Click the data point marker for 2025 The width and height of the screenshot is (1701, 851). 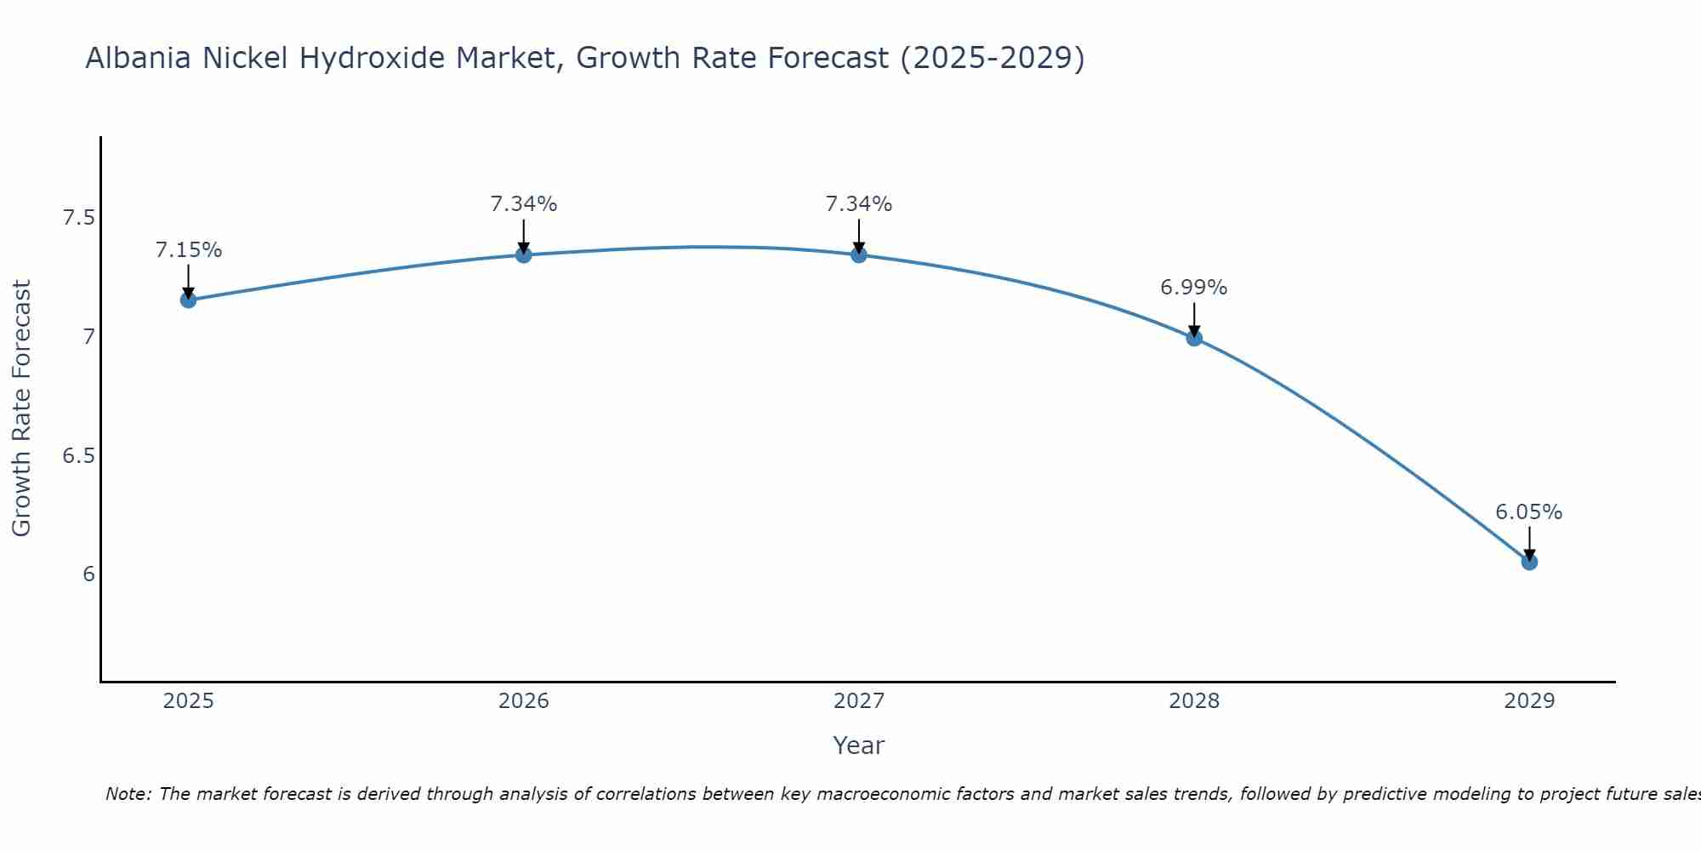188,300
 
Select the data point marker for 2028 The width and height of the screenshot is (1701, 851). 1194,338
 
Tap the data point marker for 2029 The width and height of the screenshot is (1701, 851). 1529,562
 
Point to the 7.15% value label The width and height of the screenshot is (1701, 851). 188,250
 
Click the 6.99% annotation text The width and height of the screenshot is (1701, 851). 1194,288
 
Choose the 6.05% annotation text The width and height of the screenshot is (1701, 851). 1529,512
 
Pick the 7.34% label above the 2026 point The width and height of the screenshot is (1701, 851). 524,204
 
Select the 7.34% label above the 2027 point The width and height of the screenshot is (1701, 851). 859,204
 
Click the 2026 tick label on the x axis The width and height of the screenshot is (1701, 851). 524,701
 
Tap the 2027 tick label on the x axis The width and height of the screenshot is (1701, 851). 859,701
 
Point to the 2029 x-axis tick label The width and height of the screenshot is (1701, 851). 1529,701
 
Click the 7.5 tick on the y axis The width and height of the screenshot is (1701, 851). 78,219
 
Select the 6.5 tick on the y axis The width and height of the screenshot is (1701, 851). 78,456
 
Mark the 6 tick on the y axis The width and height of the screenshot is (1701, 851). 88,574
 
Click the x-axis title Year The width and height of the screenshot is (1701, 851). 859,745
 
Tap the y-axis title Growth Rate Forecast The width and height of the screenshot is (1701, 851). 22,408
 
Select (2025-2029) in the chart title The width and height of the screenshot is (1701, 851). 992,59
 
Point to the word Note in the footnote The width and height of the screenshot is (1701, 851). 128,794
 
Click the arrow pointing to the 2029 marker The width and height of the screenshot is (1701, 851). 1529,543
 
